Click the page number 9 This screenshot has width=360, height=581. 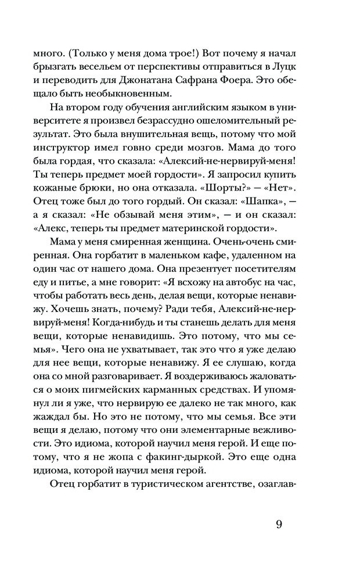[x=279, y=525]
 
